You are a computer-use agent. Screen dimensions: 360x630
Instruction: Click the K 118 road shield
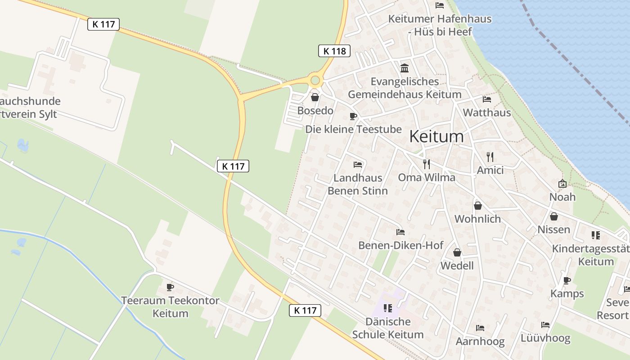[x=334, y=51]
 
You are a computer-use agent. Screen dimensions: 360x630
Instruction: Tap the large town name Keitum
[x=436, y=136]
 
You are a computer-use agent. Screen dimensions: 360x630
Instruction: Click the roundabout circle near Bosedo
[x=315, y=81]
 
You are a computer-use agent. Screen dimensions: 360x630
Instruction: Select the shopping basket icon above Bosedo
[x=315, y=97]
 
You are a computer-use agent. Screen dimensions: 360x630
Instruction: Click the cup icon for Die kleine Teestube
[x=353, y=117]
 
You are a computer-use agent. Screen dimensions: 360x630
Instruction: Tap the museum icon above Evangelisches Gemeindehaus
[x=405, y=68]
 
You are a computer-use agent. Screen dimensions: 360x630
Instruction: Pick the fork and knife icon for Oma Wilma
[x=427, y=164]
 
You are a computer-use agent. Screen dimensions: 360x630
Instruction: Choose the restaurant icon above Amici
[x=490, y=157]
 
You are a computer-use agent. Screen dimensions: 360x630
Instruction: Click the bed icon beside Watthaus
[x=487, y=99]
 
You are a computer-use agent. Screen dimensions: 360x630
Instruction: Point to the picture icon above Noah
[x=562, y=184]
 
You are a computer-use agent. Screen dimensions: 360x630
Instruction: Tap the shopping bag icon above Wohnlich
[x=477, y=206]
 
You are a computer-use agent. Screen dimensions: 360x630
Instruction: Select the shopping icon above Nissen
[x=553, y=216]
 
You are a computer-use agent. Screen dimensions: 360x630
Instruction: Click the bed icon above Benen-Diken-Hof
[x=400, y=232]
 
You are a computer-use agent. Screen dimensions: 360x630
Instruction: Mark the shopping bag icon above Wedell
[x=457, y=252]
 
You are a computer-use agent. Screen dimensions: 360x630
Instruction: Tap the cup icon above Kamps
[x=567, y=280]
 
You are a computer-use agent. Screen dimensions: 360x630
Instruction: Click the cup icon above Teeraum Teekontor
[x=170, y=287]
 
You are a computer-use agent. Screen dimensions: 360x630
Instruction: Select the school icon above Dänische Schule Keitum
[x=387, y=308]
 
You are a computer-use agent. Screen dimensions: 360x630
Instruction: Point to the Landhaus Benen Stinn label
[x=357, y=184]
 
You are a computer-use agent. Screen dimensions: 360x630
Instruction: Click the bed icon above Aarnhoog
[x=480, y=328]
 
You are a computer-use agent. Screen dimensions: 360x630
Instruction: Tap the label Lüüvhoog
[x=545, y=338]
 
